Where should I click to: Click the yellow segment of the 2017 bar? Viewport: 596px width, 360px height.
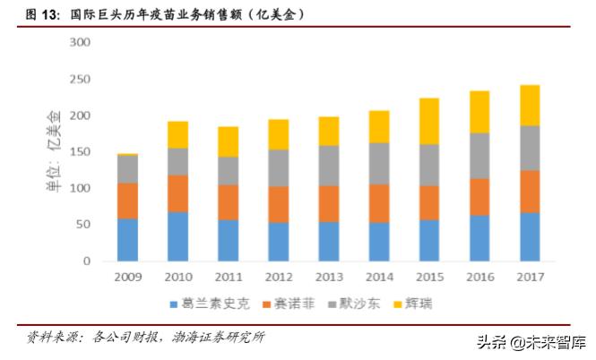[530, 105]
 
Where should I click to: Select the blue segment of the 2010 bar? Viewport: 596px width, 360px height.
[177, 236]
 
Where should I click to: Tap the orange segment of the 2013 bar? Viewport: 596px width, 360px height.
[328, 203]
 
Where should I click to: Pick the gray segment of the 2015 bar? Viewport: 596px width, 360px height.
[429, 165]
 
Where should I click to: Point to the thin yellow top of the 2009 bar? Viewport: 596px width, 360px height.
[127, 155]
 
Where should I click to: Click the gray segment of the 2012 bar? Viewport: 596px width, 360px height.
[278, 167]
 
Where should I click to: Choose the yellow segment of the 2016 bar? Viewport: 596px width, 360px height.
[479, 112]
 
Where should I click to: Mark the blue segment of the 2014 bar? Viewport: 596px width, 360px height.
[379, 242]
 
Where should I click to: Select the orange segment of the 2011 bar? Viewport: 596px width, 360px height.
[228, 201]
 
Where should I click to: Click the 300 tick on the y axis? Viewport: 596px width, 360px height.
[80, 43]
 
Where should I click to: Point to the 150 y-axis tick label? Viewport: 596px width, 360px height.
[80, 152]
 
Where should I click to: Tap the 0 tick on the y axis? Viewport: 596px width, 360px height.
[86, 261]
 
